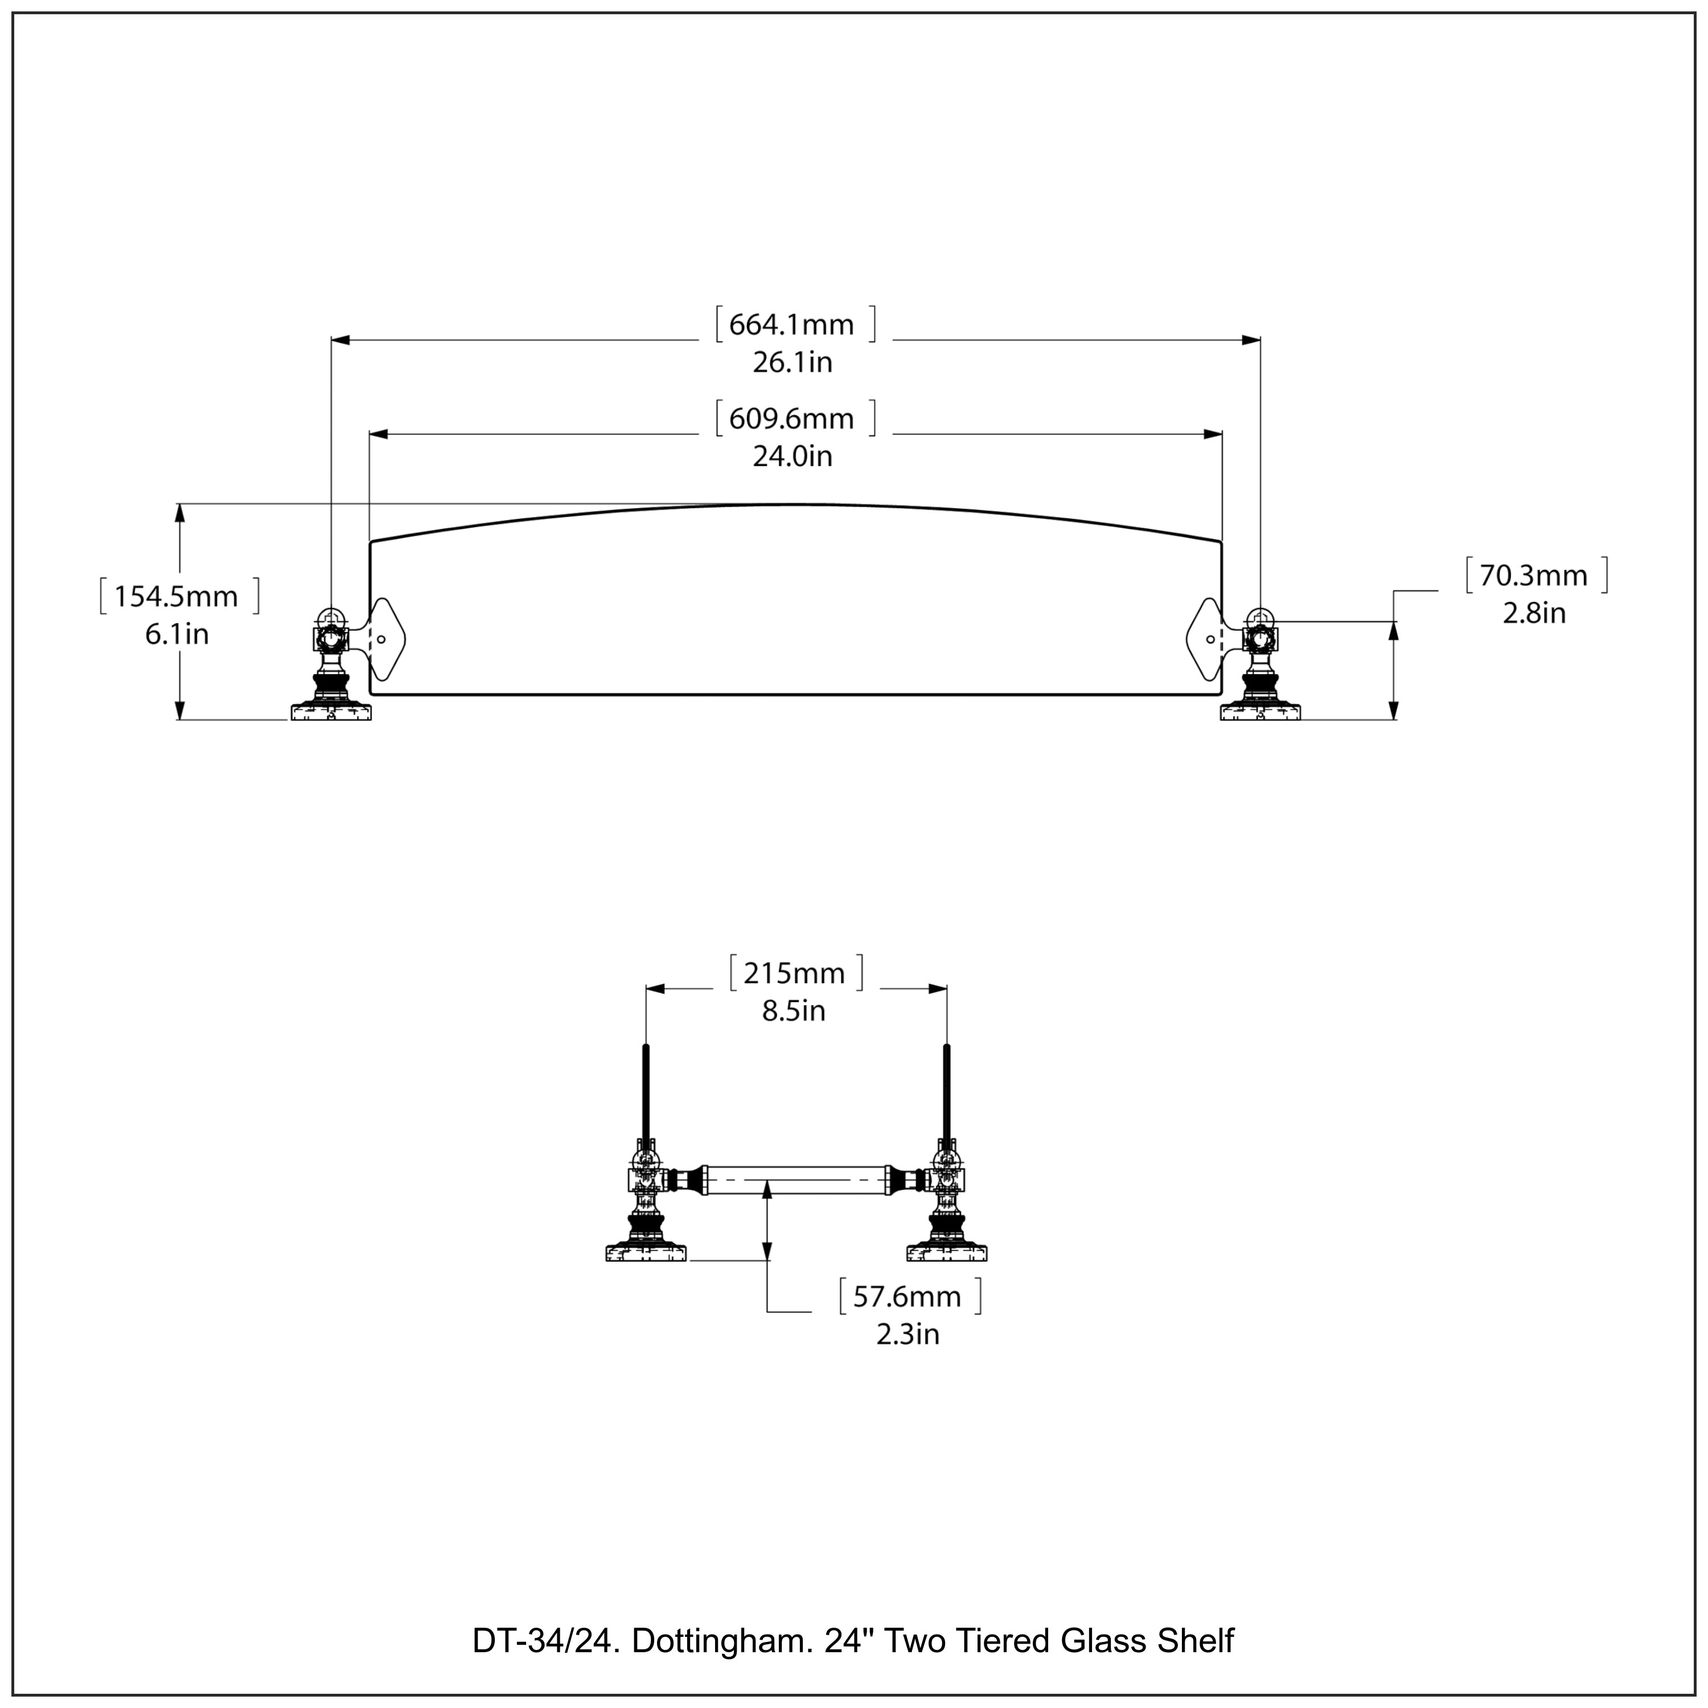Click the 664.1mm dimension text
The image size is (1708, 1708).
791,325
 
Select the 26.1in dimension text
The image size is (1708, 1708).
792,363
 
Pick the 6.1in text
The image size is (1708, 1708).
177,635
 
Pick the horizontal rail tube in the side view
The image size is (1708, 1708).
796,1180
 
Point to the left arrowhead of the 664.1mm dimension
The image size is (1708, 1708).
340,339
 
